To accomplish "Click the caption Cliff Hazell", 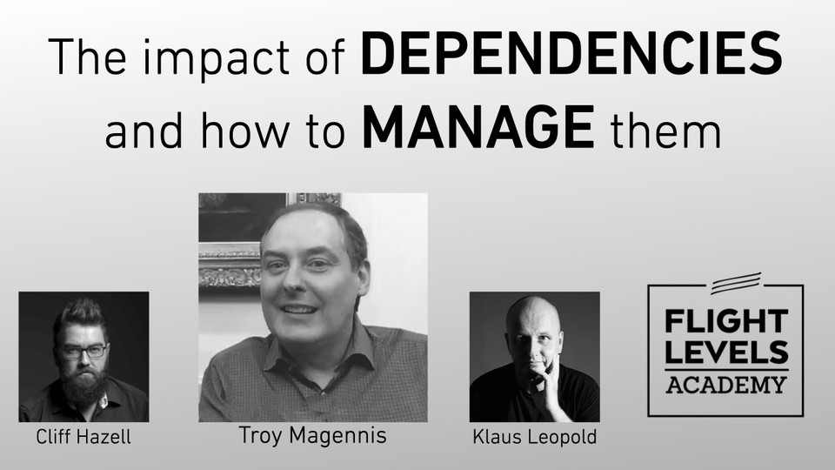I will [x=83, y=437].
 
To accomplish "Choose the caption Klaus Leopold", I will [x=534, y=437].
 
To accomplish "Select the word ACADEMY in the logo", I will [x=726, y=383].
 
